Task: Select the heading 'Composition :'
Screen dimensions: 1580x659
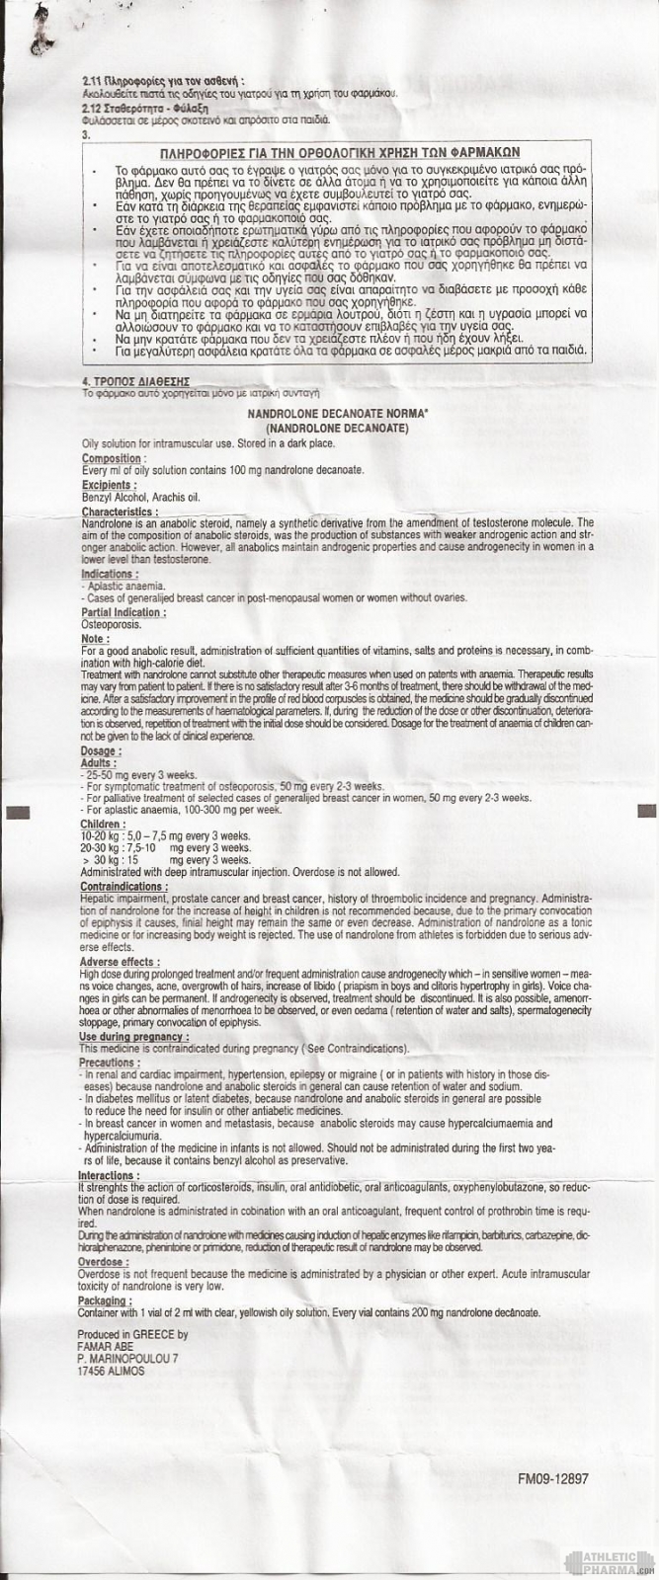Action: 115,458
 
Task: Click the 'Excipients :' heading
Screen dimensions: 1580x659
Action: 109,486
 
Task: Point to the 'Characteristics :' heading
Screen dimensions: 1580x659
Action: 120,513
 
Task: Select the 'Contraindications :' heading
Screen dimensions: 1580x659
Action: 127,888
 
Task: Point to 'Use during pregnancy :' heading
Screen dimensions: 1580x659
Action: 135,1037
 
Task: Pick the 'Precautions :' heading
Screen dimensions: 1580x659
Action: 112,1062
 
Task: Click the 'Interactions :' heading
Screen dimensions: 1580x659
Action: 111,1176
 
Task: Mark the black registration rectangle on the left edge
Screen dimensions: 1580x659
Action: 18,811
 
